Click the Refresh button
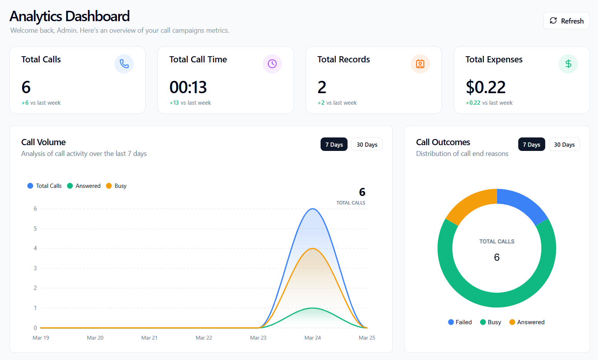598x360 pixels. pos(566,21)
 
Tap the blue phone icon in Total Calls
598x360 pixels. pos(124,64)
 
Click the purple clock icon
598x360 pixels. pos(272,64)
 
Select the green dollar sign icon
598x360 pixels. pos(568,64)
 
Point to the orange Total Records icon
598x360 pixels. pos(420,64)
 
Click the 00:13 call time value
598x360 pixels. pos(188,87)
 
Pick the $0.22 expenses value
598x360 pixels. pos(485,87)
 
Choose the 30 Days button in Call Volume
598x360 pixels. pos(367,144)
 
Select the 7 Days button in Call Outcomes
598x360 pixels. pos(531,144)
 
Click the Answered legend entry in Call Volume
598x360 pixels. pos(84,186)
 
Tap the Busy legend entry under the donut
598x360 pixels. pos(490,322)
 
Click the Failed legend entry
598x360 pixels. pos(460,322)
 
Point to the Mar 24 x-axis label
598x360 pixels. pos(312,338)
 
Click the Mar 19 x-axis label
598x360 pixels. pos(41,338)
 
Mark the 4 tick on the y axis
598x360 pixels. pos(35,248)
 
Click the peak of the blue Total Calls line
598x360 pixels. pos(313,209)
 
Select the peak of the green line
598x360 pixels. pos(313,308)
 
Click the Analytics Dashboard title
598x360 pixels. pos(70,16)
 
